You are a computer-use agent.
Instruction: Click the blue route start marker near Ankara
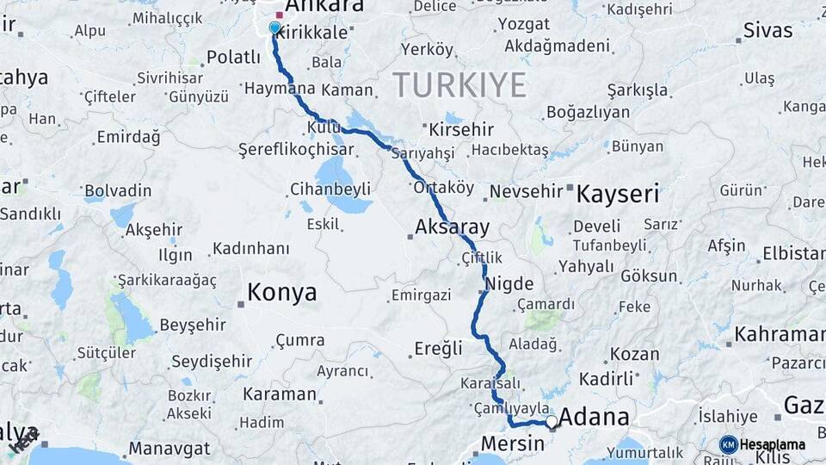pyautogui.click(x=274, y=28)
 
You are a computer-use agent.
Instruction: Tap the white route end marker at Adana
pyautogui.click(x=552, y=421)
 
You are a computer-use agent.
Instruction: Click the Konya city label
pyautogui.click(x=281, y=293)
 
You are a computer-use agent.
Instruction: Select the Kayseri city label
pyautogui.click(x=617, y=193)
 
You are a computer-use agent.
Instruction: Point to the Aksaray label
pyautogui.click(x=452, y=228)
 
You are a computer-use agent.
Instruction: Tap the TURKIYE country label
pyautogui.click(x=459, y=85)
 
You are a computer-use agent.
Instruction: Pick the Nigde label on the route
pyautogui.click(x=509, y=284)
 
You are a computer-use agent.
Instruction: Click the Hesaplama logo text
pyautogui.click(x=773, y=445)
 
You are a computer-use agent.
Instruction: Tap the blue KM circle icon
pyautogui.click(x=728, y=445)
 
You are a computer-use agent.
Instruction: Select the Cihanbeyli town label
pyautogui.click(x=330, y=189)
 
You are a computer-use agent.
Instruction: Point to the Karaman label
pyautogui.click(x=279, y=394)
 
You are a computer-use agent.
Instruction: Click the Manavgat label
pyautogui.click(x=170, y=449)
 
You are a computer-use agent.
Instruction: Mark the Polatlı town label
pyautogui.click(x=234, y=57)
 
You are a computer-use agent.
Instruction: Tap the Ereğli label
pyautogui.click(x=438, y=348)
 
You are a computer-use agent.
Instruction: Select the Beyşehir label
pyautogui.click(x=193, y=325)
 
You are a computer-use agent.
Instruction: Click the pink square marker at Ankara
pyautogui.click(x=279, y=15)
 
